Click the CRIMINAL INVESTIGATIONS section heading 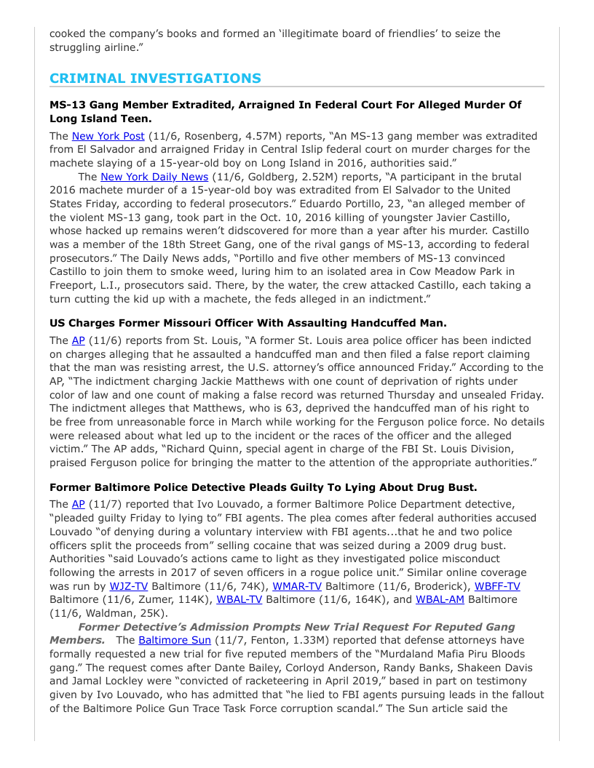155,79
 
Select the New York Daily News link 154,177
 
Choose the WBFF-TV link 497,586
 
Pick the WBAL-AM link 440,599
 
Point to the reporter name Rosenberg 211,136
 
